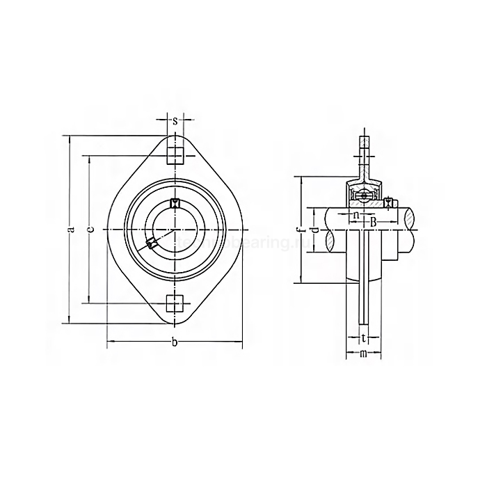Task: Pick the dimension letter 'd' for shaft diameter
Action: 314,230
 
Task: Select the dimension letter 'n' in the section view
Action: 356,215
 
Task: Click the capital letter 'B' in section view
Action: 373,221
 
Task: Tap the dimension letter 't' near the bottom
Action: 363,339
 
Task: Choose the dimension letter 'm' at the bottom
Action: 363,355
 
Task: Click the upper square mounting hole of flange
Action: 174,152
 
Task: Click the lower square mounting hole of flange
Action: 174,304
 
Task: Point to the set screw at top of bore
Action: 174,203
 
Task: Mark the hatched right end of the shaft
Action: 411,230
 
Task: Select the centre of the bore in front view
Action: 174,230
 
